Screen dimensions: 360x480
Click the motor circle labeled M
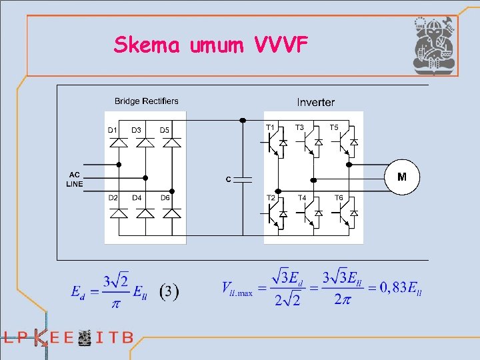coord(402,177)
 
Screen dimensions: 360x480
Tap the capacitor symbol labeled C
coord(243,179)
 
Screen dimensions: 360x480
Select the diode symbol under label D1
coord(119,142)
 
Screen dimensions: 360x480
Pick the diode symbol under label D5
coord(171,142)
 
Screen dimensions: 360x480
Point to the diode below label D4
coord(145,213)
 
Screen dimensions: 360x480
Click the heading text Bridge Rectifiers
coord(147,101)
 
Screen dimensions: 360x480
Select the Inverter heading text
coord(316,102)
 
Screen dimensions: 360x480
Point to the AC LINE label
coord(75,179)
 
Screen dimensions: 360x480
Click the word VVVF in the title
coord(281,45)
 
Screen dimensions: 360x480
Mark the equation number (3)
coord(169,291)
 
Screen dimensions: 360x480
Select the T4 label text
coord(302,198)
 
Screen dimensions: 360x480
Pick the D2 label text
coord(113,198)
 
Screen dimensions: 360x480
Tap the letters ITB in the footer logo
coord(115,337)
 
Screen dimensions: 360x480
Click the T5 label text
coord(334,127)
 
